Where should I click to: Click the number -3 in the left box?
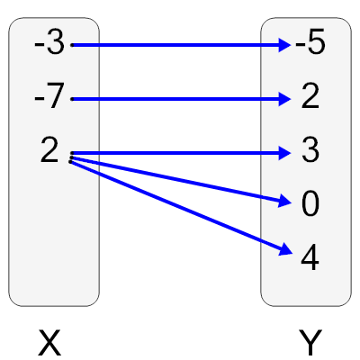[x=49, y=43]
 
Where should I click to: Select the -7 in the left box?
[x=49, y=97]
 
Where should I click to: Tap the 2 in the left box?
[x=49, y=151]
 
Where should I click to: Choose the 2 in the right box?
[x=310, y=97]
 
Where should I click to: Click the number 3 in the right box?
[x=310, y=151]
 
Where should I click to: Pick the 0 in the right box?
[x=310, y=205]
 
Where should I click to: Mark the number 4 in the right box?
[x=310, y=259]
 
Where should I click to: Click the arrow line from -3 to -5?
[x=180, y=43]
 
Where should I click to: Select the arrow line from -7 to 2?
[x=180, y=98]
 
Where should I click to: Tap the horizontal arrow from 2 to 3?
[x=180, y=153]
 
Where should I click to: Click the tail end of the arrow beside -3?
[x=73, y=43]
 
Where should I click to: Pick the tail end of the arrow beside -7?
[x=73, y=98]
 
